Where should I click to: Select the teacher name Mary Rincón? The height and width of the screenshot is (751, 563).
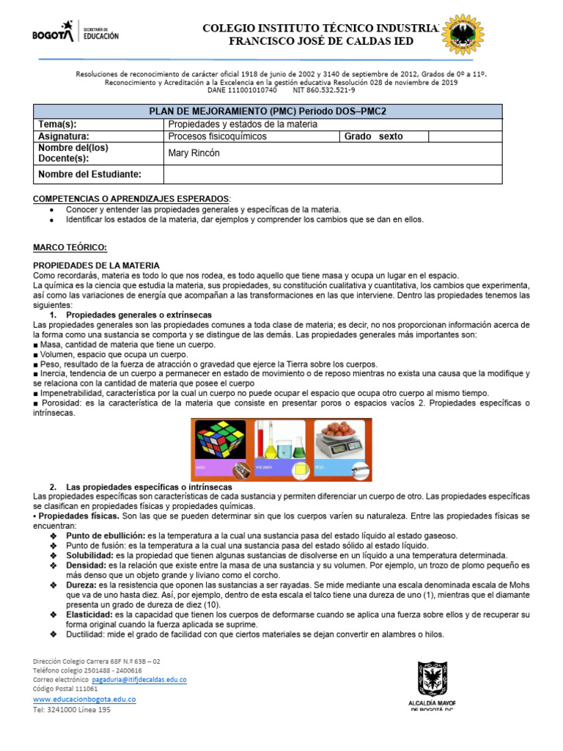pos(194,153)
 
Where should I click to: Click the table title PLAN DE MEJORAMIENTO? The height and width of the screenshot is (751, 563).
pos(268,111)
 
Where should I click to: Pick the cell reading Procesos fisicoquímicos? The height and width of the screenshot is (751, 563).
pos(217,136)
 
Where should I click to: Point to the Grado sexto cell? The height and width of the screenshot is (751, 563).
pos(380,136)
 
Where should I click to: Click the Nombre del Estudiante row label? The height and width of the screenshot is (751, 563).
pos(89,174)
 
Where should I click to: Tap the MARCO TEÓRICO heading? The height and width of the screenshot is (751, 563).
pos(70,248)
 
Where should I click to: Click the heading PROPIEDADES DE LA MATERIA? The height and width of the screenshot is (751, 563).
pos(96,265)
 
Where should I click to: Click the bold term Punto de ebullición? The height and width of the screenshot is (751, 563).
pos(106,535)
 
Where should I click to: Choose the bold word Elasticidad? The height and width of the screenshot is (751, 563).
pos(89,614)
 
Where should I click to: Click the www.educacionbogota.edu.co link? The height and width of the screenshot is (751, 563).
pos(84,700)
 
